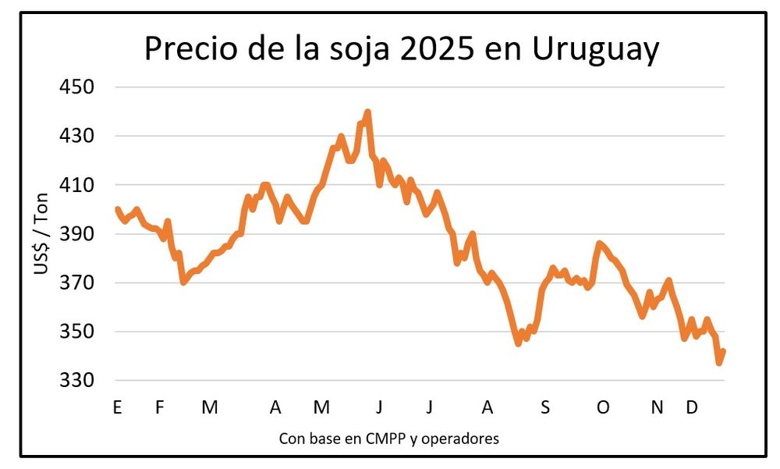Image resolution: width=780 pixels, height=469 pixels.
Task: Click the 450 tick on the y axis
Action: coord(78,87)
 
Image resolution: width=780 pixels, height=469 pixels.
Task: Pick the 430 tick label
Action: coord(78,136)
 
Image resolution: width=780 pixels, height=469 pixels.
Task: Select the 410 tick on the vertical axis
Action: coord(78,185)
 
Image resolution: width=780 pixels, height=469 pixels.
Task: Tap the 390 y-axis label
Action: coord(78,234)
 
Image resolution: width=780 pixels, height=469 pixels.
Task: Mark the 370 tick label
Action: coord(78,283)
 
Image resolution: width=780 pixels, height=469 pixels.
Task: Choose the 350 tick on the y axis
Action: coord(78,332)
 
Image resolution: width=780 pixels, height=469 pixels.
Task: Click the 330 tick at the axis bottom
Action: coord(78,381)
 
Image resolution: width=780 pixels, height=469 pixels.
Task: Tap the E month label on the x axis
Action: coord(118,407)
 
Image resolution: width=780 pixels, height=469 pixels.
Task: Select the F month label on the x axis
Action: coord(159,407)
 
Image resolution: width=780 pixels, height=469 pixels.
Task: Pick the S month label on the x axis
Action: coord(545,407)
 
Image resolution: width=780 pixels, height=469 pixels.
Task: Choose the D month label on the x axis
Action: coord(691,407)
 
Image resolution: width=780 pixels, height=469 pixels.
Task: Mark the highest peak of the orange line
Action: coord(367,112)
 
